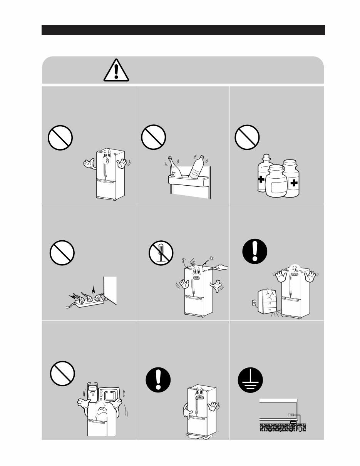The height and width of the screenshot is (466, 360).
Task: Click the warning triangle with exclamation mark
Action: [x=116, y=70]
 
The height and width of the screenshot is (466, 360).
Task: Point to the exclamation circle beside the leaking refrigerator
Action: [x=158, y=382]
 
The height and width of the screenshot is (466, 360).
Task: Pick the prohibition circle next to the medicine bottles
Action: [x=247, y=137]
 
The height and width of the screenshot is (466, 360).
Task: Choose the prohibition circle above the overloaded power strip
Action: [x=62, y=252]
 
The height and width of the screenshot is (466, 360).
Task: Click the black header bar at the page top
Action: [x=183, y=30]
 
